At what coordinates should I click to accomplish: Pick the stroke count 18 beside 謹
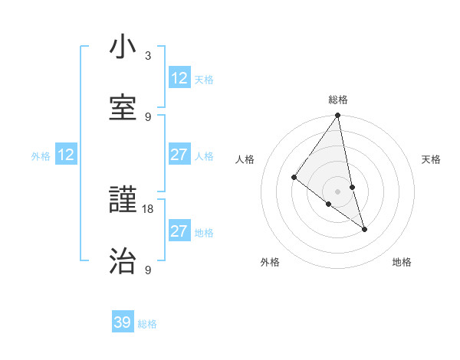click(x=148, y=208)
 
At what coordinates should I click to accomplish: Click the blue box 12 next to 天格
click(x=179, y=78)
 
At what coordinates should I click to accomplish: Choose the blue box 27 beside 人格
click(x=179, y=155)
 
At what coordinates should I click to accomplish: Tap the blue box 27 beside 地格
click(x=179, y=231)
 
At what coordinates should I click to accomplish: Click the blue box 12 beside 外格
click(x=66, y=155)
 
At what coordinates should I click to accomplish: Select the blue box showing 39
click(x=123, y=322)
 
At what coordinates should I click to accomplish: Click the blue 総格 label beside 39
click(x=148, y=324)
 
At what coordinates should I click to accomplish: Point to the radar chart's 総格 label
click(x=338, y=100)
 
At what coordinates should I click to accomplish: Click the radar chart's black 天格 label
click(x=432, y=159)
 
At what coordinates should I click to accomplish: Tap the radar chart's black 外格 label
click(x=270, y=262)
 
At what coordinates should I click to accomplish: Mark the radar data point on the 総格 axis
click(x=338, y=116)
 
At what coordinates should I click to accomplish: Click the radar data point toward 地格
click(x=364, y=228)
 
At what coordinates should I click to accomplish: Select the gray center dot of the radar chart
click(x=338, y=191)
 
